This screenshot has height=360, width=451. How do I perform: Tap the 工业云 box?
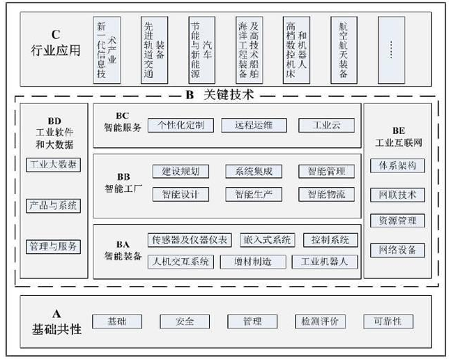point(326,126)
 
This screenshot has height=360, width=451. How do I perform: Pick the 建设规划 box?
point(181,171)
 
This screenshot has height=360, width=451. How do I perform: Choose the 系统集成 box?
point(254,171)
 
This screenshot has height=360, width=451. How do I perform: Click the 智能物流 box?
point(326,194)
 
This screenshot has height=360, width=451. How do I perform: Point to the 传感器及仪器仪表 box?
point(190,240)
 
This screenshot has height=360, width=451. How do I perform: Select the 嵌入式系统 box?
point(268,240)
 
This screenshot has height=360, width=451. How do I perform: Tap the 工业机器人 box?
point(325,262)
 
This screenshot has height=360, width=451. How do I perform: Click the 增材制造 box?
point(253,262)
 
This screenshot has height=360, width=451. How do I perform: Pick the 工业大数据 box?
point(54,165)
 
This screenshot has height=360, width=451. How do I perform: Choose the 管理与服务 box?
point(54,246)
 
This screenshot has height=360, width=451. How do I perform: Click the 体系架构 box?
point(397,167)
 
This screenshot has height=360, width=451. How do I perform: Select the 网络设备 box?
point(397,249)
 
